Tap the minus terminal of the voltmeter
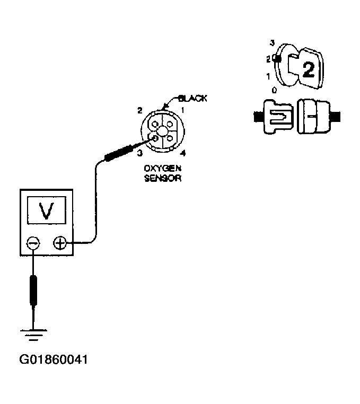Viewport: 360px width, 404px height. click(33, 243)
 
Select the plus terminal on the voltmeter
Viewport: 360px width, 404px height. click(60, 243)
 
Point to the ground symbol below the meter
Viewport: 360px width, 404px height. click(33, 334)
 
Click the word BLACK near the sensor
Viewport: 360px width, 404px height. click(193, 99)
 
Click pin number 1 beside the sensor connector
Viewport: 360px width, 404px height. click(182, 110)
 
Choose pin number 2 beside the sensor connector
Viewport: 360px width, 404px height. click(139, 110)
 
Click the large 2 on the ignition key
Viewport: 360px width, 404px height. click(309, 69)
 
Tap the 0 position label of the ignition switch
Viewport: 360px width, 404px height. click(274, 90)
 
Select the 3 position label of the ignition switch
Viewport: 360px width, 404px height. click(271, 42)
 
